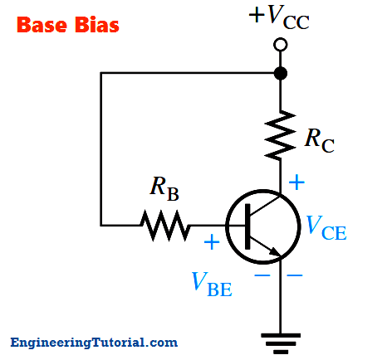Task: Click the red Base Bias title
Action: (x=68, y=25)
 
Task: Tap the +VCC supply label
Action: (x=279, y=17)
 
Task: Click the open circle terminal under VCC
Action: (x=281, y=45)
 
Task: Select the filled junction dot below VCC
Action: (x=281, y=73)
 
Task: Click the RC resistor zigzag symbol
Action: (x=280, y=135)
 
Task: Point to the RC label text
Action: (x=320, y=140)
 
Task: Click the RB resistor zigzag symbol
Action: (x=165, y=226)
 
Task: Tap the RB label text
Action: (x=164, y=188)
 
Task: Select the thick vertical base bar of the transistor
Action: (x=247, y=226)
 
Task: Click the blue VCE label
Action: (x=326, y=228)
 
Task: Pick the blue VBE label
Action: (x=212, y=285)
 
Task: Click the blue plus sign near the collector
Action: (x=296, y=182)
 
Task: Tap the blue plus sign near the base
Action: (x=212, y=242)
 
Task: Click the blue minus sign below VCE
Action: (x=295, y=275)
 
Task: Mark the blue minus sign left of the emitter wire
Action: (x=262, y=275)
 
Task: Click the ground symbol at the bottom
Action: (x=281, y=343)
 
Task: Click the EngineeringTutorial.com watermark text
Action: (x=94, y=343)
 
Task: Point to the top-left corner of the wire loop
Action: (x=101, y=73)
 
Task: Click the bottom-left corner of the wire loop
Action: (x=101, y=226)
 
